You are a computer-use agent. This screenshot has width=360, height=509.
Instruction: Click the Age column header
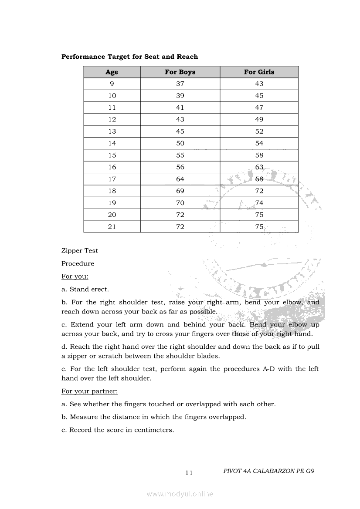tap(112, 72)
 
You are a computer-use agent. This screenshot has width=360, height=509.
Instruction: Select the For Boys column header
tap(180, 72)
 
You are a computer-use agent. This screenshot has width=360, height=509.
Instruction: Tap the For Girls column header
tap(259, 72)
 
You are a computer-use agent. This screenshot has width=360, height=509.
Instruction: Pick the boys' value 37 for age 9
tap(180, 84)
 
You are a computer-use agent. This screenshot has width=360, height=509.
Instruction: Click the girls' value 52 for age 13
tap(259, 131)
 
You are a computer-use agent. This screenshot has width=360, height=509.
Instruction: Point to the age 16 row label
tap(112, 167)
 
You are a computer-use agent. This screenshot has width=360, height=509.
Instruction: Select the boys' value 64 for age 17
tap(180, 179)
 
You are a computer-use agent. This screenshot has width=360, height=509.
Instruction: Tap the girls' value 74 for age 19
tap(259, 203)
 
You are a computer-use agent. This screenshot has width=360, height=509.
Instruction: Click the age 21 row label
tap(112, 226)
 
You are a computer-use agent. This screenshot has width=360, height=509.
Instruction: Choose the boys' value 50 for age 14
tap(180, 143)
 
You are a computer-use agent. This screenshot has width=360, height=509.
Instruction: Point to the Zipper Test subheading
tap(80, 251)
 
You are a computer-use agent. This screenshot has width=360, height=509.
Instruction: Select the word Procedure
tap(78, 263)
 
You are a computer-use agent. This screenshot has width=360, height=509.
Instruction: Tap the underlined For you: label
tap(75, 276)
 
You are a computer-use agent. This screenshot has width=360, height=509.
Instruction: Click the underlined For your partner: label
tap(89, 391)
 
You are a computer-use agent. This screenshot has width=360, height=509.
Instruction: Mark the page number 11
tap(189, 473)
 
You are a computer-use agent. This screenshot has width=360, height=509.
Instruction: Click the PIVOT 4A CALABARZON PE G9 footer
tap(269, 471)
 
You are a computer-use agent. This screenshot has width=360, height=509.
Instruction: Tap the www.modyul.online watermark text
tap(180, 494)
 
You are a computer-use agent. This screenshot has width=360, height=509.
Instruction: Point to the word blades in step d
tap(207, 356)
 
